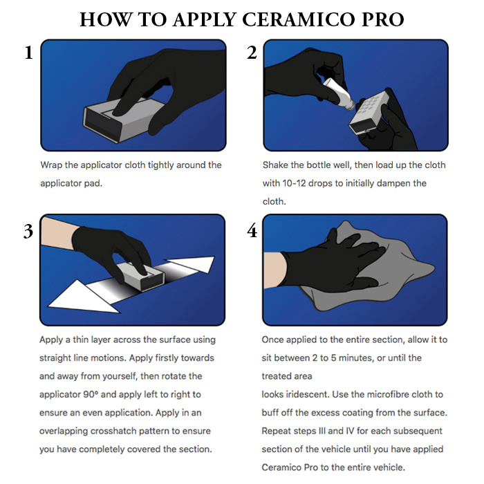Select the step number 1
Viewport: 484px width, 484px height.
(28, 53)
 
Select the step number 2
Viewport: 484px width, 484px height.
(252, 53)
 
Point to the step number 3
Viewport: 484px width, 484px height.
(28, 231)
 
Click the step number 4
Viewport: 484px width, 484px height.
(252, 231)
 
